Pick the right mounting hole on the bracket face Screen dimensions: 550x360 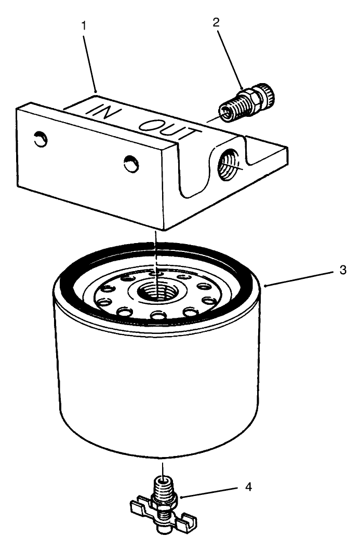coord(131,165)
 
